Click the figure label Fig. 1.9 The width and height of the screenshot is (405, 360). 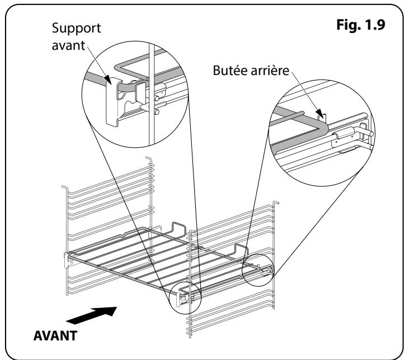point(361,25)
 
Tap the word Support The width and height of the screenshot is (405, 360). point(76,29)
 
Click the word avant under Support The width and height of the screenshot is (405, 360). point(68,45)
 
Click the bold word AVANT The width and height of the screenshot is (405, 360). point(55,336)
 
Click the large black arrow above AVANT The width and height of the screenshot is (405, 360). point(92,315)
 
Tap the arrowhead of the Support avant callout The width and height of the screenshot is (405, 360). point(108,80)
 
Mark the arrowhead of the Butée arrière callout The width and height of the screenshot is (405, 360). point(320,113)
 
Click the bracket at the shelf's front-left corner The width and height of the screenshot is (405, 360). point(67,260)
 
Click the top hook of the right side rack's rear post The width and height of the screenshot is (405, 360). point(276,202)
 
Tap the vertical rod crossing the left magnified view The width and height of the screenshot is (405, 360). point(152,94)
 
